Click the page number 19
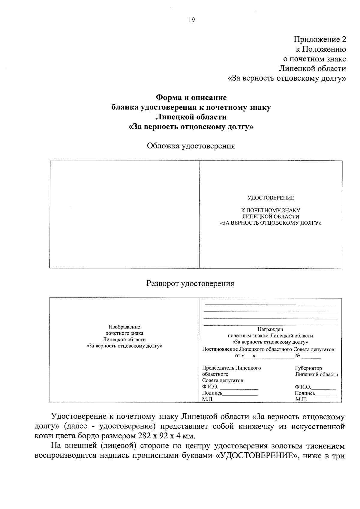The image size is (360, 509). pos(191,20)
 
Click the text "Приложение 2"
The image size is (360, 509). pos(319,40)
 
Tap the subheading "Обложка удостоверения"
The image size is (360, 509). pos(191,146)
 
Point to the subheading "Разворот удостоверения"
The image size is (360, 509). pos(190,283)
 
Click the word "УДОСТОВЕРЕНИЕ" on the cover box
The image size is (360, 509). pos(271,198)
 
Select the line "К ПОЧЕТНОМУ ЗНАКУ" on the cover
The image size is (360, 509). pos(271,211)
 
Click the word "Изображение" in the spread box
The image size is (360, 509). pos(124,327)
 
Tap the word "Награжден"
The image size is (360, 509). pos(270,329)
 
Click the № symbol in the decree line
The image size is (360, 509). pos(298,356)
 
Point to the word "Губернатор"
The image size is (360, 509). pos(308,368)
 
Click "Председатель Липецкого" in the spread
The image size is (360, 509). pos(231,368)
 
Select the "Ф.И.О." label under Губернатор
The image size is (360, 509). pos(303,387)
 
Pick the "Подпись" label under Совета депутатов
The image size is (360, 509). pos(212,393)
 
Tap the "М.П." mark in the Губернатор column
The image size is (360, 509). pos(301,400)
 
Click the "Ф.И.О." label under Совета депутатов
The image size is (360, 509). pos(210,387)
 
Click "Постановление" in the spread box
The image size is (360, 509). pos(220,349)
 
